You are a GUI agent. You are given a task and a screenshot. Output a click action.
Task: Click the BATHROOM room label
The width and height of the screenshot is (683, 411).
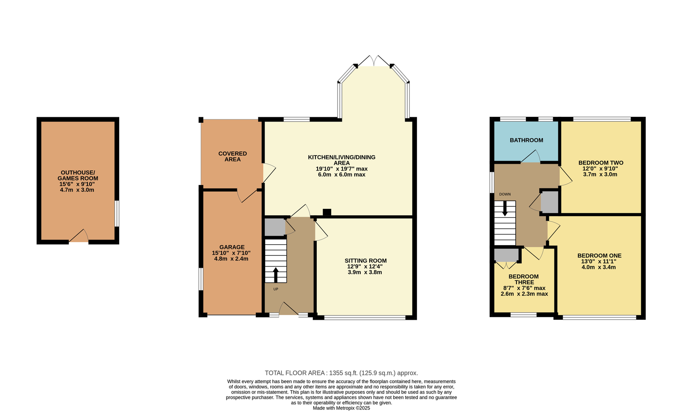(526, 140)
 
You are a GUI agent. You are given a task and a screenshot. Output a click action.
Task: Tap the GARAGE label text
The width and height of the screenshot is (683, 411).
(232, 247)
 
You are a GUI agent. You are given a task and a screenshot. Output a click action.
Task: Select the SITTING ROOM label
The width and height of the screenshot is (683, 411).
(365, 260)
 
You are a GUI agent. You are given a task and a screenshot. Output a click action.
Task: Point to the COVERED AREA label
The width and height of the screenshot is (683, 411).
(232, 156)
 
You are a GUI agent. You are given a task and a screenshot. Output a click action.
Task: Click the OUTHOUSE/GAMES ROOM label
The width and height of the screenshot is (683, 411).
(78, 175)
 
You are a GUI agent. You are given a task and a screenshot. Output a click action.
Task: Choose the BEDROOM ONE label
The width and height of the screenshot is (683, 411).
(599, 255)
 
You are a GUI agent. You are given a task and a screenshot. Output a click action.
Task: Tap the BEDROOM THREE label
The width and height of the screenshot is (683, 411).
(523, 279)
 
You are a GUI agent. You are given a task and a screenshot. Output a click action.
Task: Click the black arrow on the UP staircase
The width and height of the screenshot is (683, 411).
(276, 275)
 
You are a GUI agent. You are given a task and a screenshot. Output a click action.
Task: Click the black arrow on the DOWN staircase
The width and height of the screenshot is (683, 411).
(505, 208)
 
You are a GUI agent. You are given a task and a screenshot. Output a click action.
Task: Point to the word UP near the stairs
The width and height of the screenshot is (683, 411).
(276, 289)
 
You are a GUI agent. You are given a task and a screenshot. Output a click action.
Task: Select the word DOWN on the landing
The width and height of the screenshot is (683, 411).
(505, 194)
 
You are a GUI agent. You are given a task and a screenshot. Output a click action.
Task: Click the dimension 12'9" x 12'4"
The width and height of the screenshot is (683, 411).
(365, 266)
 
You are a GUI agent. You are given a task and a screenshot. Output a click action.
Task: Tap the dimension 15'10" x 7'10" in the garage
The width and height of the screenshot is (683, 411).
(231, 253)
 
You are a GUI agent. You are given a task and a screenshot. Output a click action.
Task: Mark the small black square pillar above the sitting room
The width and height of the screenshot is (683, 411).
(327, 212)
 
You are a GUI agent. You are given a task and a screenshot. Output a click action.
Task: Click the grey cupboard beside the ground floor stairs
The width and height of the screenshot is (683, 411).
(275, 227)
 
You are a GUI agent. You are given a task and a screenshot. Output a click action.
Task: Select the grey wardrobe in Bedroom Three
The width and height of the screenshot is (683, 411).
(506, 255)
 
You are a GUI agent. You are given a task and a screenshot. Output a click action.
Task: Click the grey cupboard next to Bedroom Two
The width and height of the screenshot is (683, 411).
(549, 202)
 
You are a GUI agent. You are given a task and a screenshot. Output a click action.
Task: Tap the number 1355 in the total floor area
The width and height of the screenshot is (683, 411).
(336, 373)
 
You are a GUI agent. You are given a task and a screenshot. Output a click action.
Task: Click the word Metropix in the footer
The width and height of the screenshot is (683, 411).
(345, 408)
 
